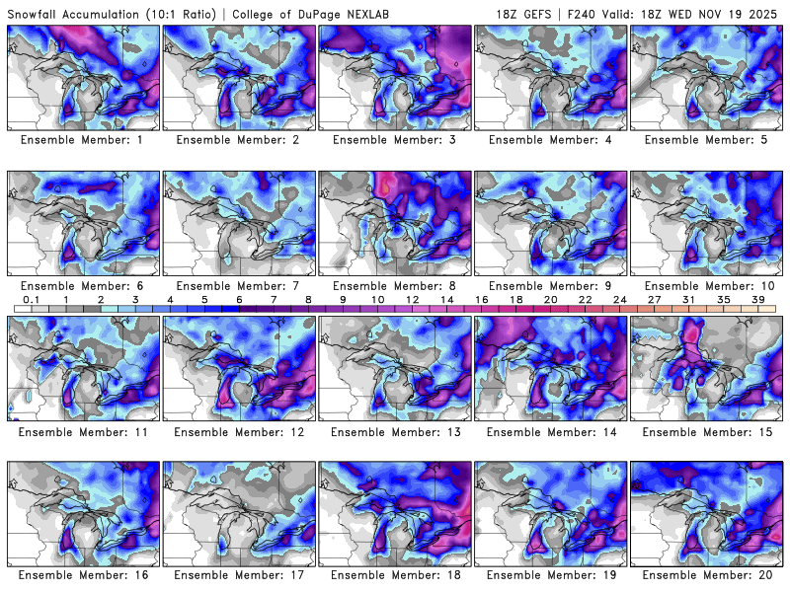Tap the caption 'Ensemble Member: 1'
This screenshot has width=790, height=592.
tap(84, 140)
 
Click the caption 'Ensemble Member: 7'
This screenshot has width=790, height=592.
tap(240, 286)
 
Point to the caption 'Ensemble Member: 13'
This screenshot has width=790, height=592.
tap(395, 431)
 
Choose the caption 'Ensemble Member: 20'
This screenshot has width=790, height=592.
tap(707, 575)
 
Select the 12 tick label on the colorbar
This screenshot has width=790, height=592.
tap(412, 298)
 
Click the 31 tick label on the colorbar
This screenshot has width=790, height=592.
tap(688, 298)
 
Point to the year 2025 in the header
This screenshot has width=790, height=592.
tap(763, 12)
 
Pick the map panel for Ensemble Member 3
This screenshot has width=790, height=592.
tap(395, 77)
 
